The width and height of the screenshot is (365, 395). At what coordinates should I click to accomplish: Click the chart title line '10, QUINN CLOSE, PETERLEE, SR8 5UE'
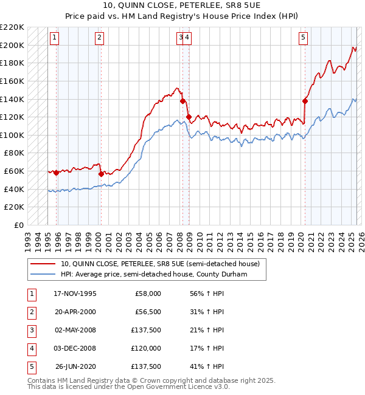click(x=182, y=7)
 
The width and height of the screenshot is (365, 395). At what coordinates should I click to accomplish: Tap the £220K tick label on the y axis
click(x=12, y=27)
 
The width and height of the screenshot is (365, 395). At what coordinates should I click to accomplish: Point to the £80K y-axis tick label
click(x=14, y=153)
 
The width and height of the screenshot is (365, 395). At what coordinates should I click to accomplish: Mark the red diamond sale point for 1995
click(x=57, y=173)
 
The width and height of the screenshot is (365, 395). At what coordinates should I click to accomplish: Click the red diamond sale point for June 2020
click(x=305, y=101)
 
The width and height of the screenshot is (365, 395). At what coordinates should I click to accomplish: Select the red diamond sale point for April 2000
click(x=101, y=174)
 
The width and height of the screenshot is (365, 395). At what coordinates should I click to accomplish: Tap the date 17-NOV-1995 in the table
click(x=75, y=294)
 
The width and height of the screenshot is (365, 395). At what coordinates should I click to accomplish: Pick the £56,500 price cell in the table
click(x=147, y=312)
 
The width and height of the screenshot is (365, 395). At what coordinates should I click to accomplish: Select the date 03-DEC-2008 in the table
click(x=75, y=348)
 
